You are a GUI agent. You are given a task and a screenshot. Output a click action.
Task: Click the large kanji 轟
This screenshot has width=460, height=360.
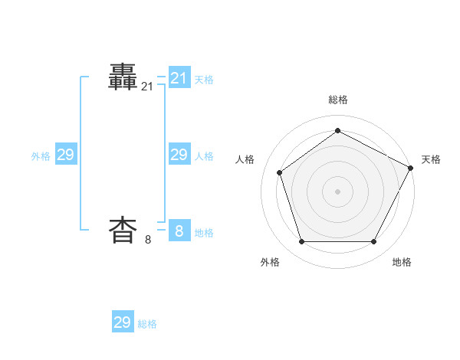coord(123,77)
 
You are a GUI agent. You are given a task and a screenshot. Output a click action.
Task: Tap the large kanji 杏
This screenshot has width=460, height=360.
coord(123,230)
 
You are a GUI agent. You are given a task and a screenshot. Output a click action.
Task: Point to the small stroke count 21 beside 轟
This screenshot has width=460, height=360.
coord(147,87)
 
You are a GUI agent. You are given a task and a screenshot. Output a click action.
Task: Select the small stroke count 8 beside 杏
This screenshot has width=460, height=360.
coord(148,240)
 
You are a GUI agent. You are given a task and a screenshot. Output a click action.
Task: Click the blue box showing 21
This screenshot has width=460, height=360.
coord(179,78)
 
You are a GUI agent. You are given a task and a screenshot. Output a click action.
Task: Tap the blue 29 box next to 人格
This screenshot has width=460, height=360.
coord(179,155)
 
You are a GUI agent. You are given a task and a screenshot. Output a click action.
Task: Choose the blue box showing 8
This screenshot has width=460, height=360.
coord(179,231)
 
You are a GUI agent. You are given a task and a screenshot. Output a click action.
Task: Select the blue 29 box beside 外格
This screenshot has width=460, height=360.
coord(66,155)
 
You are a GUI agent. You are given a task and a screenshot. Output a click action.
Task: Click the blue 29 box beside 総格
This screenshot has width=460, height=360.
coord(123,322)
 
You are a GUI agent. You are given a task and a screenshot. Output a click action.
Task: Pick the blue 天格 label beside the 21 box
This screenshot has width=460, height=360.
coord(204,80)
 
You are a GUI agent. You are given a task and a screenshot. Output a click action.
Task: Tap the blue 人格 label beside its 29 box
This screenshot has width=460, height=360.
coord(204,156)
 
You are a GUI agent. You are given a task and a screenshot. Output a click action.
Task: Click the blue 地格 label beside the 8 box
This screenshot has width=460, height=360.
coord(204,233)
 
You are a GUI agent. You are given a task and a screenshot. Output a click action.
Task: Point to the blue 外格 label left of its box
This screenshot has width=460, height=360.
coord(41,156)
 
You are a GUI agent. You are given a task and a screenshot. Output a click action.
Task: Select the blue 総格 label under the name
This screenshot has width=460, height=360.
coord(147,324)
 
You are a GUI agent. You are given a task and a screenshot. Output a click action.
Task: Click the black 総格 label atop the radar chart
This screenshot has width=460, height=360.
coord(337,100)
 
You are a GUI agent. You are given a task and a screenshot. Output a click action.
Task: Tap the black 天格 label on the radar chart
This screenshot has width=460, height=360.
coord(431,159)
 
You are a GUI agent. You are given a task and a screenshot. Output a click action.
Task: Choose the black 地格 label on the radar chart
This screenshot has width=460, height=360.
coord(402,262)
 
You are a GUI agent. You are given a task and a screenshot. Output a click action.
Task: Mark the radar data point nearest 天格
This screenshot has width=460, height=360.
coord(411,167)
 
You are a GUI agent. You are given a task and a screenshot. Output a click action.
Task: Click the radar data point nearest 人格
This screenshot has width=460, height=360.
coord(280,172)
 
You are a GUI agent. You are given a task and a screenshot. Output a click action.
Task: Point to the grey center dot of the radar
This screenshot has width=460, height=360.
coord(337,191)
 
